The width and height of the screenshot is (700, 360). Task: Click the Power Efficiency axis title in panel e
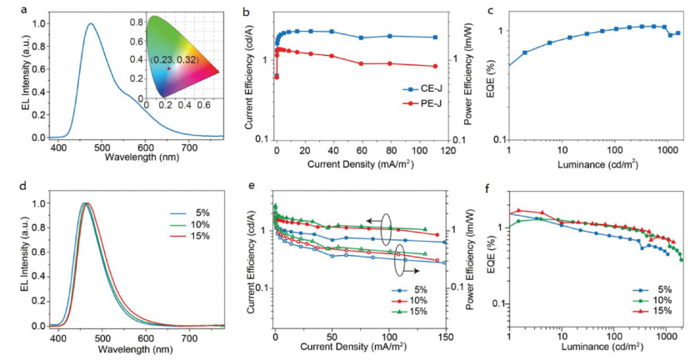pos(467,262)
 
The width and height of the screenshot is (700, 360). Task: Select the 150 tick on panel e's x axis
pos(445,335)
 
